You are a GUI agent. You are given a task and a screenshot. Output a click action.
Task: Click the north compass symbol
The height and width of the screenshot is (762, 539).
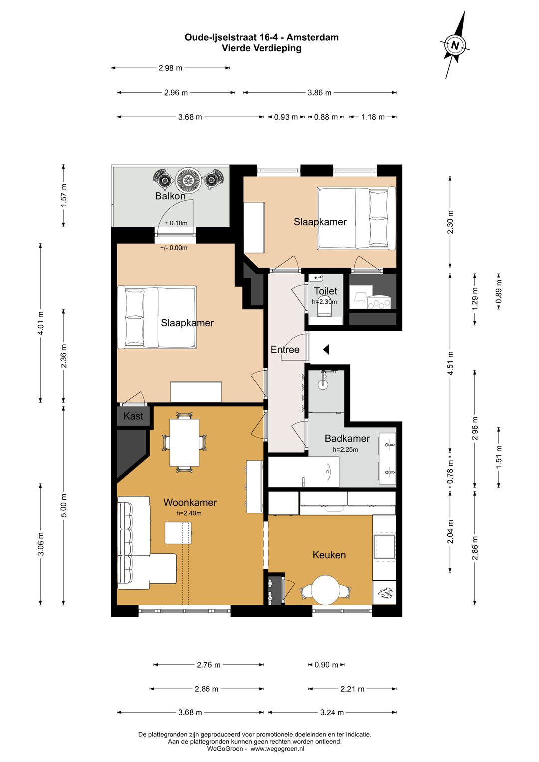[455, 45]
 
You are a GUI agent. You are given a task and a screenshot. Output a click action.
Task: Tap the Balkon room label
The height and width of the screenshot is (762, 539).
[170, 196]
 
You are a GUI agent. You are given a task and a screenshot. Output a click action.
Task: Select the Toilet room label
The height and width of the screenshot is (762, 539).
[325, 291]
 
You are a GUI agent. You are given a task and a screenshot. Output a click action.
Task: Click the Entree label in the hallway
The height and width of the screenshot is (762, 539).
[285, 350]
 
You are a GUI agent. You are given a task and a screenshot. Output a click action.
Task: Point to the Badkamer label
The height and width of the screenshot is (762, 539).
[347, 438]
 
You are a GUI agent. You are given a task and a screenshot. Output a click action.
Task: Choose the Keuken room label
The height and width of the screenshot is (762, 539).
[329, 555]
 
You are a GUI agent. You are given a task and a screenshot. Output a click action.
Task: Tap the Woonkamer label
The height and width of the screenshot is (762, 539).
[190, 502]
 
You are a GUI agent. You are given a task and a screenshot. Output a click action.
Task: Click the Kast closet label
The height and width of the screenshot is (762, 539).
[133, 416]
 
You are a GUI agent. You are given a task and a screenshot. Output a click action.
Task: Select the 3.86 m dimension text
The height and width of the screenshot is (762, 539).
[319, 92]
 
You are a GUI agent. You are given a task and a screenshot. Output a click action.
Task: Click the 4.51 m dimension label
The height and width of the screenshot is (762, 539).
[451, 363]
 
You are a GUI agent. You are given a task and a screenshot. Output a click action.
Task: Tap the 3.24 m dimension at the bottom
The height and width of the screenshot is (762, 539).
[332, 712]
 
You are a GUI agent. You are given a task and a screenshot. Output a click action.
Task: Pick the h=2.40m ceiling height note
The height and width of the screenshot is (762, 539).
[189, 513]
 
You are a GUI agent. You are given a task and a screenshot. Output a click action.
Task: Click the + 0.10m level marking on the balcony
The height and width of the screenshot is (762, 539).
[176, 223]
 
